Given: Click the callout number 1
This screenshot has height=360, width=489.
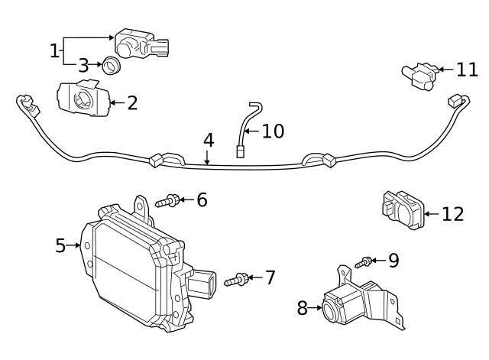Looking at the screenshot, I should (54, 51).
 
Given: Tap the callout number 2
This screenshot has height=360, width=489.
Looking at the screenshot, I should (132, 102).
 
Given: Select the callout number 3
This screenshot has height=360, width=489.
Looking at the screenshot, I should (83, 66).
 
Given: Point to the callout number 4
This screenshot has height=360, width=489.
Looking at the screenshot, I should (208, 141).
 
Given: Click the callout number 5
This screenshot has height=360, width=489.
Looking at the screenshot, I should (60, 245).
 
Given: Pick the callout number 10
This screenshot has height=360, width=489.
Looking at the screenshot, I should (273, 131).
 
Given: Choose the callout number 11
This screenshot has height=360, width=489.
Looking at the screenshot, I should (466, 70).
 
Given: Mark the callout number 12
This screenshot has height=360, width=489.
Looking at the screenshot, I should (452, 214).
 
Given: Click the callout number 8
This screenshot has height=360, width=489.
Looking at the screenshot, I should (302, 308).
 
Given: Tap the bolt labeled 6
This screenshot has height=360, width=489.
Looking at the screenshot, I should (167, 202).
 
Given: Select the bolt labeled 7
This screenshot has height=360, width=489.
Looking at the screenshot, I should (237, 281).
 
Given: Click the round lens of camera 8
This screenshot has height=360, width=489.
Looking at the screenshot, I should (332, 310).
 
